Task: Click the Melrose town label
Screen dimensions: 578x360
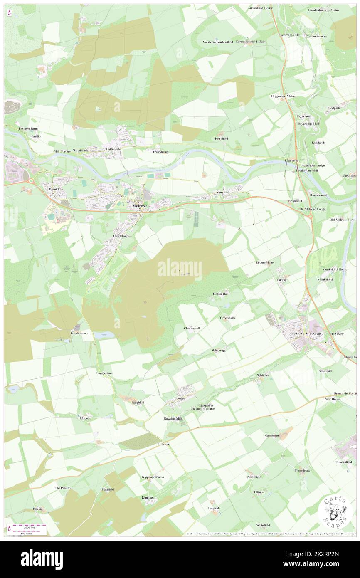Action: tap(139, 205)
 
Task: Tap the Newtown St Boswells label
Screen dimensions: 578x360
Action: tap(307, 333)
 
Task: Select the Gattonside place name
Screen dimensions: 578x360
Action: tap(113, 149)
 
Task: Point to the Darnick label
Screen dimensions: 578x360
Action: tap(54, 189)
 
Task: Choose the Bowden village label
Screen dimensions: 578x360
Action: tap(180, 398)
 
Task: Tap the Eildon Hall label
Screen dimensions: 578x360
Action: tap(221, 294)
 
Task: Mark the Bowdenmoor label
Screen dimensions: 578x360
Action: tap(79, 333)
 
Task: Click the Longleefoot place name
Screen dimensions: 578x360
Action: tap(104, 373)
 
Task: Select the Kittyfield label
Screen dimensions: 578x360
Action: tap(222, 138)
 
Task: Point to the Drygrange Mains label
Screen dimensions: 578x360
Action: tap(283, 96)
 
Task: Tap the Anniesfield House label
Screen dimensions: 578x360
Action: tap(260, 8)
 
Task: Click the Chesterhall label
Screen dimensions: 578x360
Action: tap(192, 328)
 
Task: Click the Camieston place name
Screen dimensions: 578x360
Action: tap(273, 435)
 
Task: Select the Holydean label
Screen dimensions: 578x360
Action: tap(84, 418)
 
